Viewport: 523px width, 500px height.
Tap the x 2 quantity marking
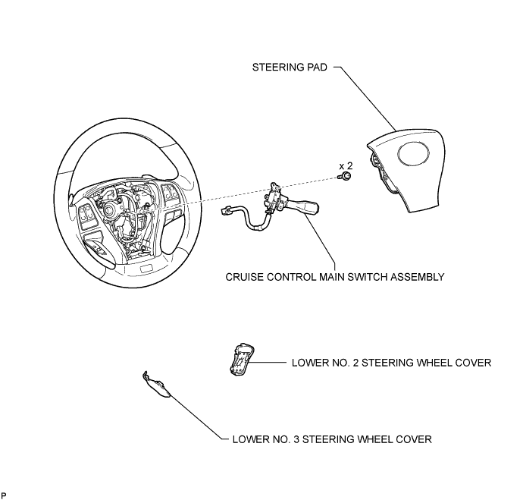(346, 165)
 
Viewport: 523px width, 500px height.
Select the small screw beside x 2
(346, 177)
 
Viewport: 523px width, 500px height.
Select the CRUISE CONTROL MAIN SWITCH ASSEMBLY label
(335, 277)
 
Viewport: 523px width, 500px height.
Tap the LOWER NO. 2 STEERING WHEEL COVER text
(392, 363)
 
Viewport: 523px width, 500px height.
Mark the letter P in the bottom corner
(4, 495)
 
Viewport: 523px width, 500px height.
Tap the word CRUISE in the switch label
(245, 277)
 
